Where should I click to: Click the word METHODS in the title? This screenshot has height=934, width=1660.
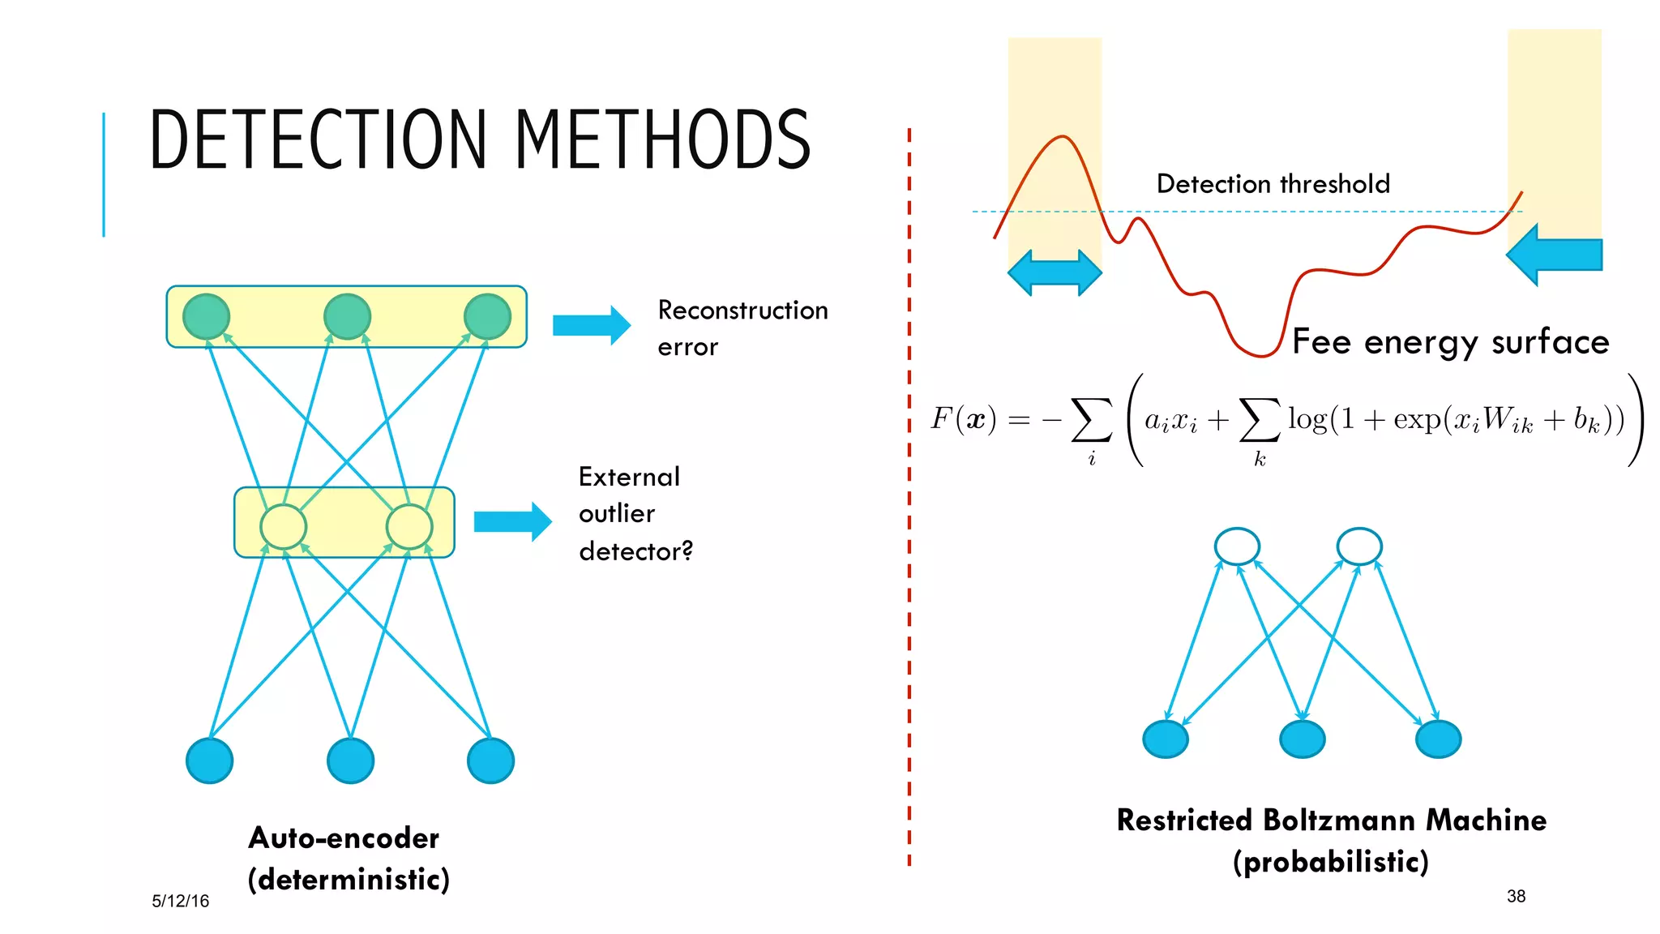(662, 139)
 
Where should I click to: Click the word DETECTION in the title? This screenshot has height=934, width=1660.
(319, 139)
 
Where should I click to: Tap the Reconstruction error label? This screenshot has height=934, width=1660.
(742, 328)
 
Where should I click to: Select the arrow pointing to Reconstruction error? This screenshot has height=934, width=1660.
(591, 325)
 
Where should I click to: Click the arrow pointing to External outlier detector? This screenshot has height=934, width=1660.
(512, 521)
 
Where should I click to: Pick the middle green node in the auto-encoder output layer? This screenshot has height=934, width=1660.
(347, 316)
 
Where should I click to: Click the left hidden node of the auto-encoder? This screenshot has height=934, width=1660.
(283, 526)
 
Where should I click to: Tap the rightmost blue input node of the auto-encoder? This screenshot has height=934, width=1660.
(490, 760)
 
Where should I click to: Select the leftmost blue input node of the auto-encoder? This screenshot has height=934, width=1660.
(209, 760)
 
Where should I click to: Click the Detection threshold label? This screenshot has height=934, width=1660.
(1273, 184)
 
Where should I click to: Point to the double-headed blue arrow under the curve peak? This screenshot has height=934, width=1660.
(1054, 272)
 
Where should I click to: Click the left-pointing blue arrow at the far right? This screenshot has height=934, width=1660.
(1553, 255)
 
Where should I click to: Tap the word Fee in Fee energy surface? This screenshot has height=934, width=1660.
(1321, 341)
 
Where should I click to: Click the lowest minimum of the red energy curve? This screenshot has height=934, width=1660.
(1260, 354)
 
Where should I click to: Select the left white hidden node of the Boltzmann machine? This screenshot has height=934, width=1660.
(1237, 546)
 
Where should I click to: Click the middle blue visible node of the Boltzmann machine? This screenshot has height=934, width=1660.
(1302, 739)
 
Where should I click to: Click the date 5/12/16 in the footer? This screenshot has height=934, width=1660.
(180, 901)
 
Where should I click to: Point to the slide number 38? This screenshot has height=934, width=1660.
(1516, 896)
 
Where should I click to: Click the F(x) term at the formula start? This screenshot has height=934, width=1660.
(963, 419)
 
